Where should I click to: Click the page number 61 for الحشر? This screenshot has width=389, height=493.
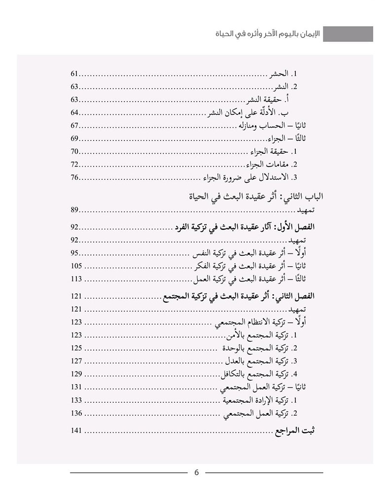point(75,74)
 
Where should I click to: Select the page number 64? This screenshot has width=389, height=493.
point(75,112)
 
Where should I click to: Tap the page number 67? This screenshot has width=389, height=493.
point(75,125)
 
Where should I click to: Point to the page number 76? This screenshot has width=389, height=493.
point(75,177)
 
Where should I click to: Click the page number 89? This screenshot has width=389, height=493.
point(75,211)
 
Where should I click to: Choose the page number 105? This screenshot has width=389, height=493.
point(76,266)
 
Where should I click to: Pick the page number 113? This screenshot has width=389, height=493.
point(76,280)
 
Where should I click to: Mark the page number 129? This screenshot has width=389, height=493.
point(76,373)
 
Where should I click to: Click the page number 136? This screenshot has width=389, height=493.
point(76,413)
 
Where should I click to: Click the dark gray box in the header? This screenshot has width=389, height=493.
point(348,34)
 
